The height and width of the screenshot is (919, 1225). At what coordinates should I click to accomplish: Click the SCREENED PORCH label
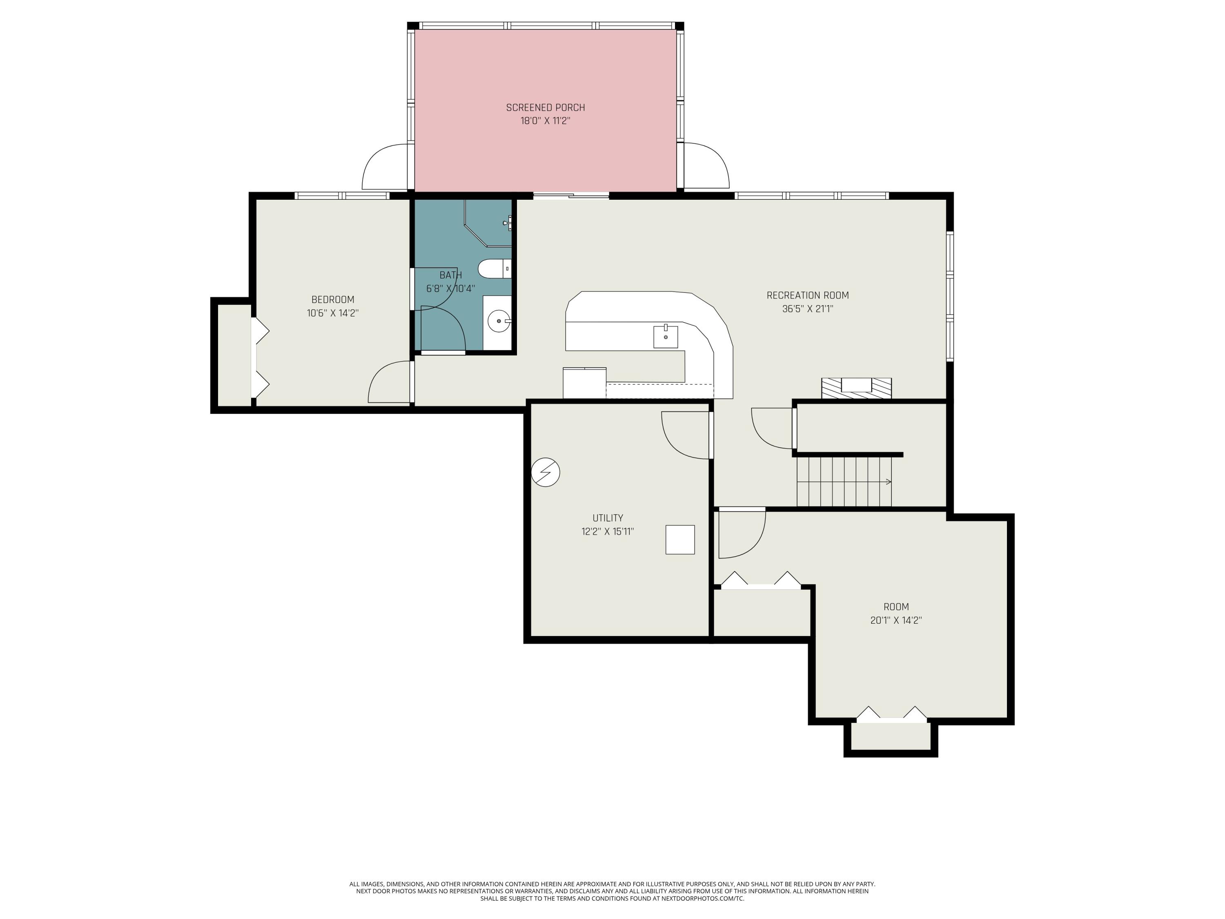545,107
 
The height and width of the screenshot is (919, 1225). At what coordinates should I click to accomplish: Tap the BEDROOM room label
332,300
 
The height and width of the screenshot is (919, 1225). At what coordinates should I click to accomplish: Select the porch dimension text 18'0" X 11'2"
545,121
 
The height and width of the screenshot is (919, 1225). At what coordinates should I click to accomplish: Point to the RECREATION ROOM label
807,295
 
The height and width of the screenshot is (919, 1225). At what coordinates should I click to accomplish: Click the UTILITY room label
608,518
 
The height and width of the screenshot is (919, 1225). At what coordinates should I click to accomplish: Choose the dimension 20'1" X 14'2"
895,620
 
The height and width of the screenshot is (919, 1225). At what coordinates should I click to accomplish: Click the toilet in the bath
494,269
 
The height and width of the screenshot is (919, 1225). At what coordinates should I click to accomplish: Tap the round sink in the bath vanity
499,321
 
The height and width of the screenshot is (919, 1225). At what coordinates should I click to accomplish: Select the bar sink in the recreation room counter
665,336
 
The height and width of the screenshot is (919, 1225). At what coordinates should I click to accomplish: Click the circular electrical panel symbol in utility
546,473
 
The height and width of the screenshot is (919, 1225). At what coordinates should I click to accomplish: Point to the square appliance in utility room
680,540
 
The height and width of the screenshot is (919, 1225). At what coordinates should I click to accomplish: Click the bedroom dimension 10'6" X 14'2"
332,313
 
